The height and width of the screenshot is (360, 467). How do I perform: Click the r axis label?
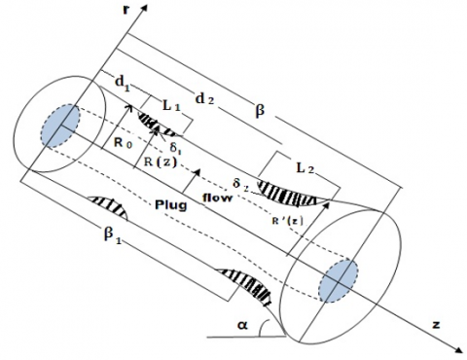click(126, 9)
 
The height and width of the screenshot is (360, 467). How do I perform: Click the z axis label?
click(436, 324)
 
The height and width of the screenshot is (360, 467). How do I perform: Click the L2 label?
click(305, 168)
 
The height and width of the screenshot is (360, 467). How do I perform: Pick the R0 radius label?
click(123, 142)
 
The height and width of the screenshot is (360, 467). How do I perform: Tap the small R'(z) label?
click(287, 221)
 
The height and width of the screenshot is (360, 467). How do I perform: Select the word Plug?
click(171, 205)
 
